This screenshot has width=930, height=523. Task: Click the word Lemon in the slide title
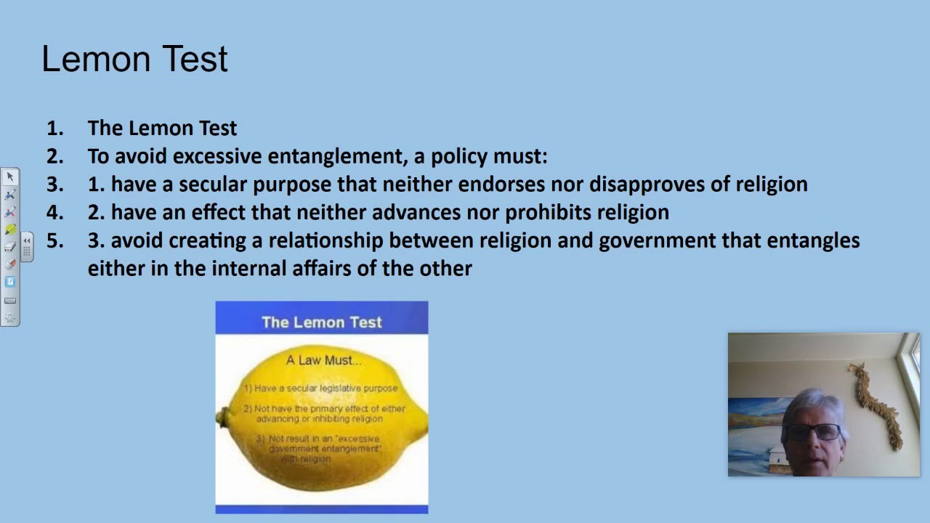click(94, 60)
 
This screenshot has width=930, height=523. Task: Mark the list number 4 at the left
click(54, 212)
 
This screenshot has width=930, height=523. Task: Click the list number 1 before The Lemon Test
click(54, 129)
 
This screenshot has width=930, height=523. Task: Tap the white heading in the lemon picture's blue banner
click(321, 323)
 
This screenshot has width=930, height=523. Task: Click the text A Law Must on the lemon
click(323, 360)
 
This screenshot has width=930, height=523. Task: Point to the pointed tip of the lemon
click(221, 418)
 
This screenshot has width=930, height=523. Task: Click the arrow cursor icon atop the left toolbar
click(10, 177)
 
